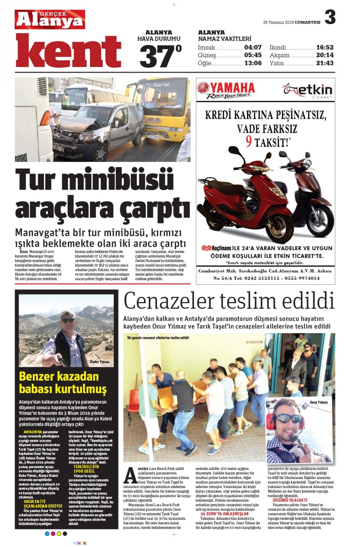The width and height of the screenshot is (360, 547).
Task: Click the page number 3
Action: tap(330, 17)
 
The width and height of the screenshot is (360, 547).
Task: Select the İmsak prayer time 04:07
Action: tap(253, 47)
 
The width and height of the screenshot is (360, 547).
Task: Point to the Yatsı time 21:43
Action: tap(325, 63)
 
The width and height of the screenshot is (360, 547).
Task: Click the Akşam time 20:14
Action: tap(325, 55)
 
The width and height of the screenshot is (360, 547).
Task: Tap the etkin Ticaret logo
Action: tap(308, 90)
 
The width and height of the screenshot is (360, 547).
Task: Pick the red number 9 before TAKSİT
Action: tap(248, 141)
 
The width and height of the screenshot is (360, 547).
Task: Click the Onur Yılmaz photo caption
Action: tap(319, 402)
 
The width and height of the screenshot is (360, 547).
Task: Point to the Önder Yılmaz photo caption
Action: tap(99, 362)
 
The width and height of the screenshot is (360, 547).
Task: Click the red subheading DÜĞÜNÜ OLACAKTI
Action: tap(290, 500)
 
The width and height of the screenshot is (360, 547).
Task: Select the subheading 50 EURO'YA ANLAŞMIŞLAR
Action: tap(224, 514)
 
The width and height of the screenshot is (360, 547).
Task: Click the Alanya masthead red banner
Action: tap(50, 19)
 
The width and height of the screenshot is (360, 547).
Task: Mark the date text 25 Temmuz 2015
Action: tap(278, 22)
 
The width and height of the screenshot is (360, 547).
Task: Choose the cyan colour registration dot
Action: tap(47, 534)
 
